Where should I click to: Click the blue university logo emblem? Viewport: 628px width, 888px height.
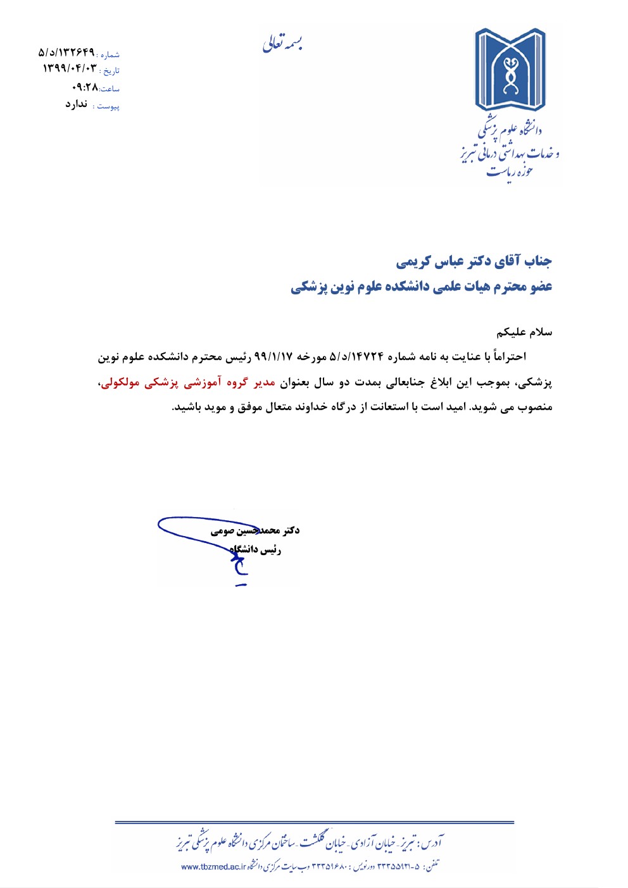coord(510,69)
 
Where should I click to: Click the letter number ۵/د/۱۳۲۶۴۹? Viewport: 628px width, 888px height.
coord(66,52)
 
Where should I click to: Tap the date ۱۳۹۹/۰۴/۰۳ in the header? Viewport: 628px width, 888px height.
coord(70,68)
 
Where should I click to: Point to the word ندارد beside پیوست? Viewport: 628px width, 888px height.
coord(76,104)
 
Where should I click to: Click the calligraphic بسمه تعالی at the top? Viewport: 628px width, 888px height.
coord(283,43)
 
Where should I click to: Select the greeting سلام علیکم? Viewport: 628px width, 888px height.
coord(524,332)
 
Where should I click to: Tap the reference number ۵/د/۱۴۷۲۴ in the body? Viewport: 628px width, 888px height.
coord(356,357)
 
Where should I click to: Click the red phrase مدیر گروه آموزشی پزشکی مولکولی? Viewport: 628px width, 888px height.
coord(188,382)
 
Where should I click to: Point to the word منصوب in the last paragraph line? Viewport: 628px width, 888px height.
coord(535,407)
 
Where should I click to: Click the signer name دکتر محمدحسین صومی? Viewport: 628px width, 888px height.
coord(255,530)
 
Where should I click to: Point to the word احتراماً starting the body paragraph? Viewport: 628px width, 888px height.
coord(506,357)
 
